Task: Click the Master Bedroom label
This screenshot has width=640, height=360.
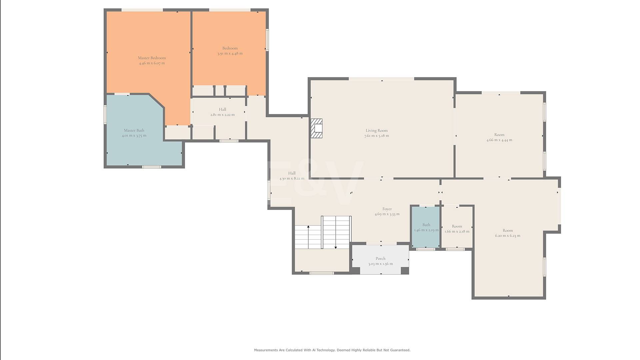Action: tap(152, 58)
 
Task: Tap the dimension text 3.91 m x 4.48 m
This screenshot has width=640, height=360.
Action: tap(230, 53)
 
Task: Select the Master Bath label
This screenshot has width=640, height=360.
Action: tap(134, 130)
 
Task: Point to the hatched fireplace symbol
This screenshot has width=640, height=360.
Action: tap(316, 128)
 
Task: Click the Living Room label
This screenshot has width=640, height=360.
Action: tap(377, 131)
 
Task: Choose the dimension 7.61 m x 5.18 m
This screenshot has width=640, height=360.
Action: tap(377, 136)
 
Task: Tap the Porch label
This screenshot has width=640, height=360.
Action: tap(380, 258)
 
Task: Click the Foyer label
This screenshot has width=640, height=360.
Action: tap(387, 209)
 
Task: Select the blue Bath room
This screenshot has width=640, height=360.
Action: tap(426, 227)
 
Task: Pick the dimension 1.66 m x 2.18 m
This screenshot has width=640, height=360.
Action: tap(457, 231)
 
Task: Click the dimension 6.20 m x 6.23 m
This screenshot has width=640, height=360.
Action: tap(508, 236)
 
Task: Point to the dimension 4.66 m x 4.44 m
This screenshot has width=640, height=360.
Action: tap(499, 140)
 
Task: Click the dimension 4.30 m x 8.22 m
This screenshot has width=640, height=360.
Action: tap(292, 178)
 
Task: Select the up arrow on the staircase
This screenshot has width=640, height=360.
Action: tap(308, 237)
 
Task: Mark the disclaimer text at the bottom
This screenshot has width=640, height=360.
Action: tap(332, 350)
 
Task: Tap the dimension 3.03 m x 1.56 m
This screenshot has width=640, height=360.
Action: tap(380, 264)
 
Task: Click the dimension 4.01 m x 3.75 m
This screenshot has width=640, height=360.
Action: tap(134, 136)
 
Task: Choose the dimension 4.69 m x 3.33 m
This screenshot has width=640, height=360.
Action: tap(387, 214)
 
